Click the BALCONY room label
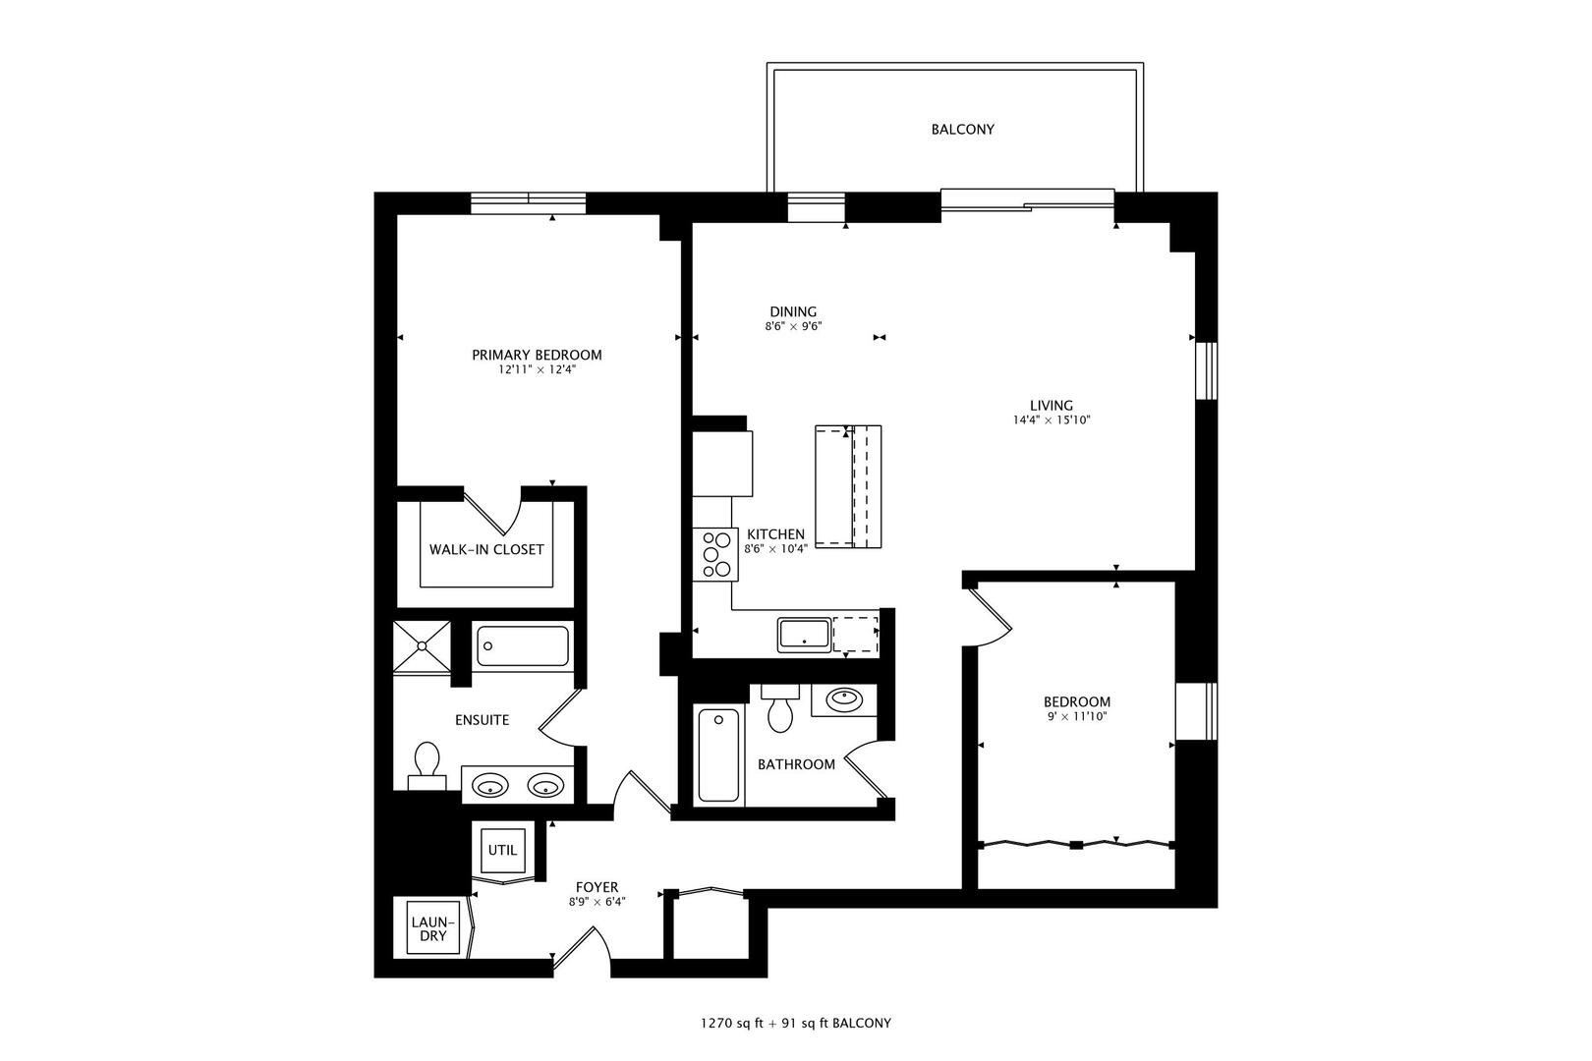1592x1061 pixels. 962,130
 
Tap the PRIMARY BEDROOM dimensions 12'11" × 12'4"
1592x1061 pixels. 537,370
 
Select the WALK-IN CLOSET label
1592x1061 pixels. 486,549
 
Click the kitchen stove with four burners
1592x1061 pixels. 715,554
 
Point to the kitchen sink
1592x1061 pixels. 804,634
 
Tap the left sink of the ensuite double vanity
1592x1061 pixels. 489,786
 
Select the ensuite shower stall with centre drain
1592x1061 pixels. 423,645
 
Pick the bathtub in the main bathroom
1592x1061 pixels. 717,755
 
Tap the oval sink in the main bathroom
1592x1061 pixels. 844,699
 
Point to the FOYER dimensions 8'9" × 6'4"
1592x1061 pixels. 597,902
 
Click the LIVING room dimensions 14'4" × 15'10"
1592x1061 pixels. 1052,419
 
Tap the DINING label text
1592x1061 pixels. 793,312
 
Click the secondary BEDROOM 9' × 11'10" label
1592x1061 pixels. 1076,708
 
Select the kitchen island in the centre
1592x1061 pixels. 848,486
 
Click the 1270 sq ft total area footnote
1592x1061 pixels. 795,1023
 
